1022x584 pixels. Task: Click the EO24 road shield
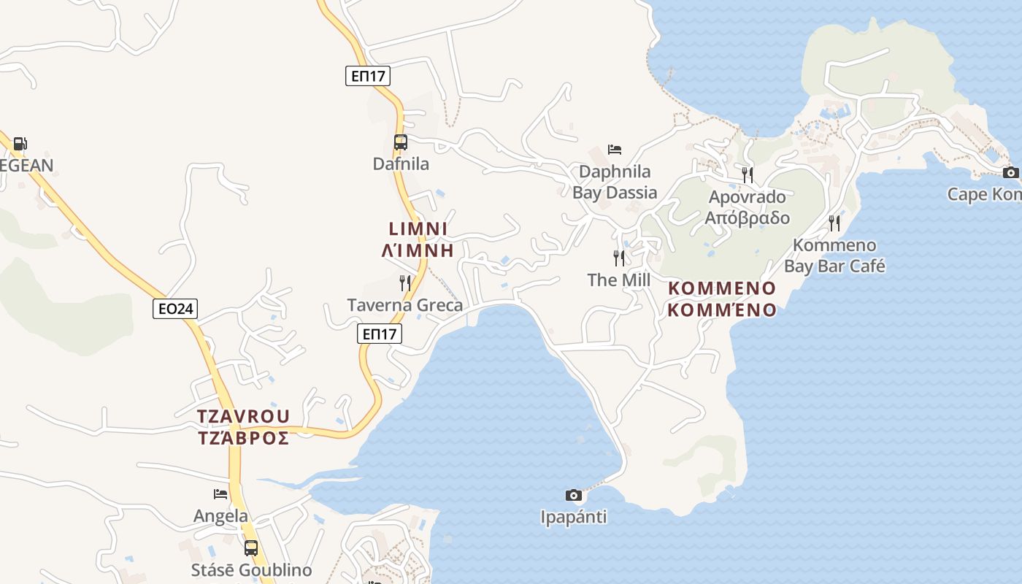[175, 309]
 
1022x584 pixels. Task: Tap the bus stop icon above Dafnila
[400, 142]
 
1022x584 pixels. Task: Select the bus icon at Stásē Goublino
[251, 547]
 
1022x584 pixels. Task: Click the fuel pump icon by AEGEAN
[20, 144]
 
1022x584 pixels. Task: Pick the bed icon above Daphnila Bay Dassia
[615, 150]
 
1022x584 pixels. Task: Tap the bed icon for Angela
[220, 494]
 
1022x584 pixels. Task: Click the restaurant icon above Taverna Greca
[405, 283]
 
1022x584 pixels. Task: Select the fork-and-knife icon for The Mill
[619, 258]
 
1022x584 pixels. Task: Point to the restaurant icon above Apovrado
[748, 174]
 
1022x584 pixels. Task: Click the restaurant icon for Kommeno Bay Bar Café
[834, 223]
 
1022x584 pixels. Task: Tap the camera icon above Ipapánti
[574, 495]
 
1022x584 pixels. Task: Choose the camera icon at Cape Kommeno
[1011, 172]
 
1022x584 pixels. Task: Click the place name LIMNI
[418, 228]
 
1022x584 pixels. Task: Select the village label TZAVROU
[243, 416]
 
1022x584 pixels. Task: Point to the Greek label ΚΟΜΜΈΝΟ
[722, 310]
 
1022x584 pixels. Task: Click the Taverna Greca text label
[404, 305]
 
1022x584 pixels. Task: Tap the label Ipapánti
[574, 517]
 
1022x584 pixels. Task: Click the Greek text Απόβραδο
[748, 218]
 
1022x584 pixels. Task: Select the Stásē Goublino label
[251, 570]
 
